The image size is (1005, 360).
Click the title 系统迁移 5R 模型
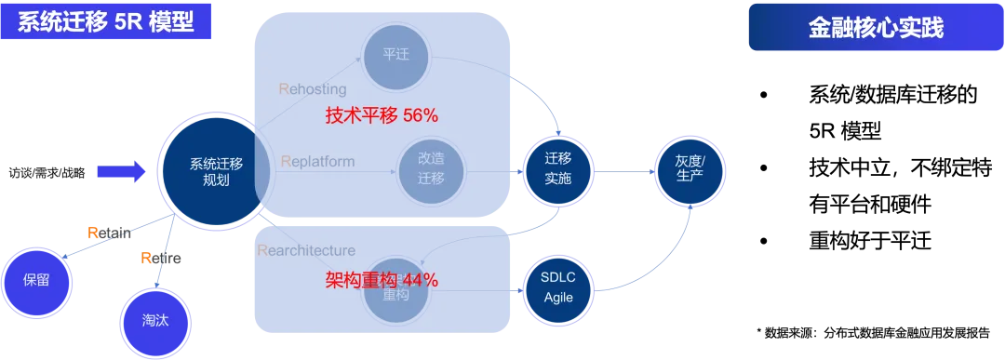108,22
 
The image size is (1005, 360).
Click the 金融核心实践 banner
875,29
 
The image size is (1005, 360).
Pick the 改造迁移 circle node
431,168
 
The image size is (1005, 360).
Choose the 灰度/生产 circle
690,168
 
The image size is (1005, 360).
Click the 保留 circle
37,280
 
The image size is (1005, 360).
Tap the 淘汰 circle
155,319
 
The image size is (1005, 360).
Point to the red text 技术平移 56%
382,115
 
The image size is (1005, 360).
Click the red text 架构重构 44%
382,280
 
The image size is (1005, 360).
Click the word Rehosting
313,89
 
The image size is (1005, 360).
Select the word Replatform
317,161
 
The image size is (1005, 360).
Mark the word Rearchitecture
305,250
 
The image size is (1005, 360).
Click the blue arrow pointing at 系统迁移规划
122,170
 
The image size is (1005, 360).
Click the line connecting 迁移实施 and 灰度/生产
623,174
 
